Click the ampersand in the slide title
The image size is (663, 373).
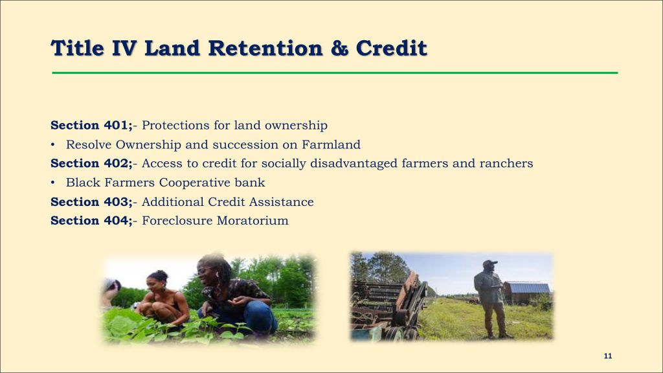point(339,48)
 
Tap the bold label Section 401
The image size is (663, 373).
point(91,125)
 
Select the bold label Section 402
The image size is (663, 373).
point(91,163)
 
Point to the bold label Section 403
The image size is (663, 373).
point(91,202)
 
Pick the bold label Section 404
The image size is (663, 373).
point(91,220)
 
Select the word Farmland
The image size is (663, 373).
point(331,144)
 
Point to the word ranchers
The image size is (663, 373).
point(506,163)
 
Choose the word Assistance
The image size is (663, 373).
point(281,202)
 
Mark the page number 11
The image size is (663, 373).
point(607,356)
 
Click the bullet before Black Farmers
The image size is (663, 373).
point(53,183)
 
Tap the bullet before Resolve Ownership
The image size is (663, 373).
point(53,144)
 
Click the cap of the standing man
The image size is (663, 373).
point(490,263)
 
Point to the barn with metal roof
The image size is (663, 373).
point(527,292)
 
